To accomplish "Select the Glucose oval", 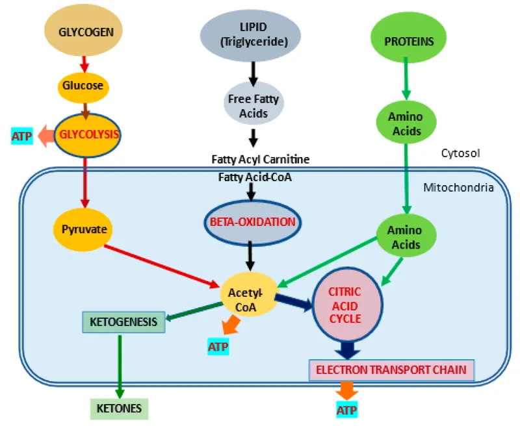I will (x=83, y=86).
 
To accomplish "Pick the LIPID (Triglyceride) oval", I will (x=250, y=36).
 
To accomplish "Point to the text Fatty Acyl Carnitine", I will (x=259, y=159).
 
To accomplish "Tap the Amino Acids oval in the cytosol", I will (x=405, y=123).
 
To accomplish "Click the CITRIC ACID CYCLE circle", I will (x=345, y=305).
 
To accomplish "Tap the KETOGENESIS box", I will (x=123, y=322).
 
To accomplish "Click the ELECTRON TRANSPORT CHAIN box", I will (x=391, y=370).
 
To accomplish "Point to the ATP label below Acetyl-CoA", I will (x=218, y=346).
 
